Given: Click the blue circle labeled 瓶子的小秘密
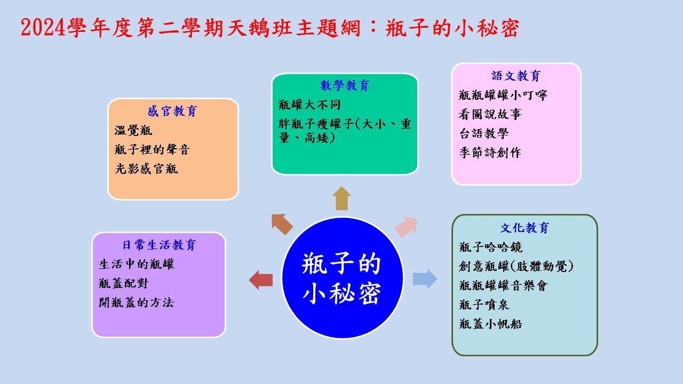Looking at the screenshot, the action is pyautogui.click(x=342, y=278).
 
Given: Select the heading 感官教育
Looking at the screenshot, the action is pyautogui.click(x=172, y=111).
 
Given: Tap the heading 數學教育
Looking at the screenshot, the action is pyautogui.click(x=345, y=86).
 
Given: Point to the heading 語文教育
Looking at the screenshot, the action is pyautogui.click(x=516, y=76).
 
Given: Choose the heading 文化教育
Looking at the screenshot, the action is pyautogui.click(x=525, y=228).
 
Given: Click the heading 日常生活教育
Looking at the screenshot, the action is pyautogui.click(x=159, y=245).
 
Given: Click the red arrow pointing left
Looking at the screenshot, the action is pyautogui.click(x=261, y=280).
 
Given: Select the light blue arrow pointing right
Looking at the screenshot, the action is pyautogui.click(x=425, y=279).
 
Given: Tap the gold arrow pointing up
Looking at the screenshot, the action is pyautogui.click(x=342, y=198).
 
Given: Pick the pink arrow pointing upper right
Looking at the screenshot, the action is pyautogui.click(x=407, y=227).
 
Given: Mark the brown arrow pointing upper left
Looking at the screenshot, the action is pyautogui.click(x=282, y=224).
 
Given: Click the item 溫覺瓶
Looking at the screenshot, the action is pyautogui.click(x=133, y=131).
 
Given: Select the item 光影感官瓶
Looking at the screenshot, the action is pyautogui.click(x=146, y=169).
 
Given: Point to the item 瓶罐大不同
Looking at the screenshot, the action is pyautogui.click(x=309, y=105).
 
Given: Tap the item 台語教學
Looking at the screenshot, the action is pyautogui.click(x=484, y=133).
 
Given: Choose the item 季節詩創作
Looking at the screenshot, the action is pyautogui.click(x=490, y=153).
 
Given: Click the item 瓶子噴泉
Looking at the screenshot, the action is pyautogui.click(x=484, y=305).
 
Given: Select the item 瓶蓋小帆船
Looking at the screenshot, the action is pyautogui.click(x=490, y=324).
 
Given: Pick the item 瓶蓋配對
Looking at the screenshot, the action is pyautogui.click(x=123, y=283).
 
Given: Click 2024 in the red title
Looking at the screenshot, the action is pyautogui.click(x=43, y=28).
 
